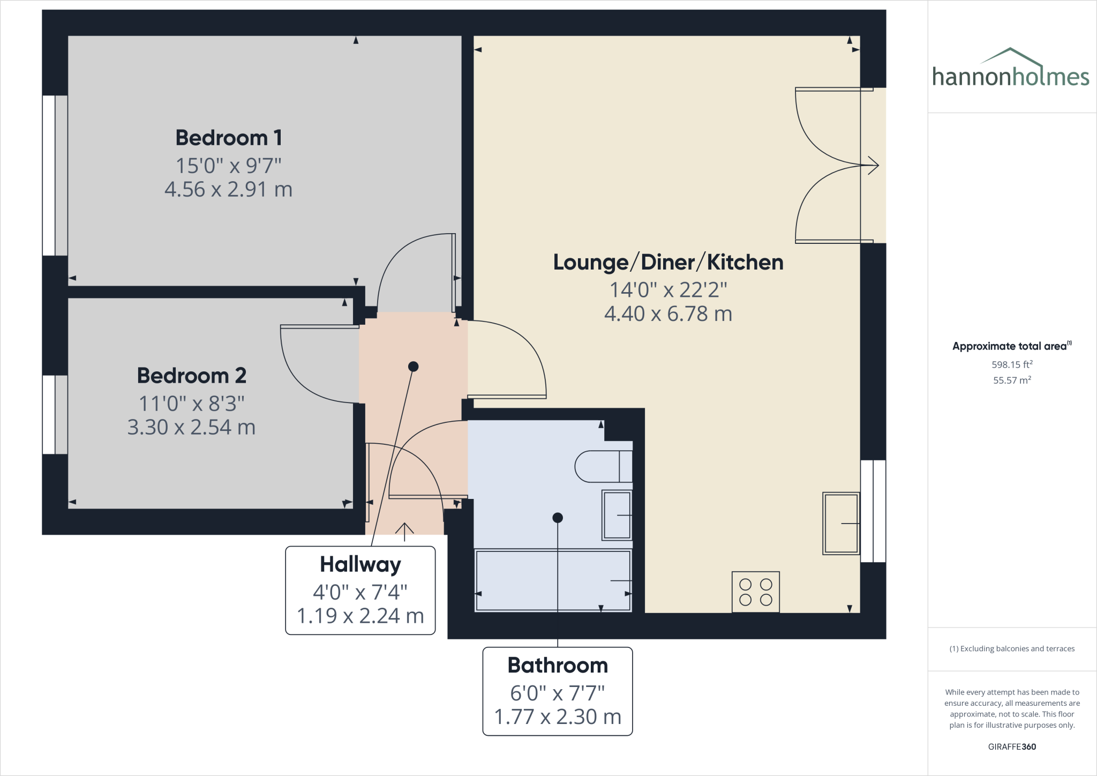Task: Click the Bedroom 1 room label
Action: (x=229, y=138)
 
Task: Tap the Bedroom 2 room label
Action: (x=191, y=376)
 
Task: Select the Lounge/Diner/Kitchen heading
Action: (x=668, y=263)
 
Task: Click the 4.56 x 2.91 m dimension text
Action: (x=228, y=190)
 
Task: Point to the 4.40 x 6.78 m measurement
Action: (x=668, y=314)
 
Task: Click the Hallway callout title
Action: (x=360, y=565)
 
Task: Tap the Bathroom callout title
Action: (x=558, y=666)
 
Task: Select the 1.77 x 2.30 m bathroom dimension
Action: (x=558, y=717)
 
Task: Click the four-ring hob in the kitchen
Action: (x=755, y=592)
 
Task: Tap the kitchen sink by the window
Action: (x=841, y=523)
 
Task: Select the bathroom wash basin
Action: (x=617, y=514)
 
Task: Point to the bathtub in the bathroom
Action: (x=553, y=580)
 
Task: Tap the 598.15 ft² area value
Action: (x=1012, y=365)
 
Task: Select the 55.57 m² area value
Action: (x=1012, y=380)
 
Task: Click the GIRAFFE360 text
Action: (x=1012, y=747)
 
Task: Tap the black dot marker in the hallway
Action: (x=413, y=367)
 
